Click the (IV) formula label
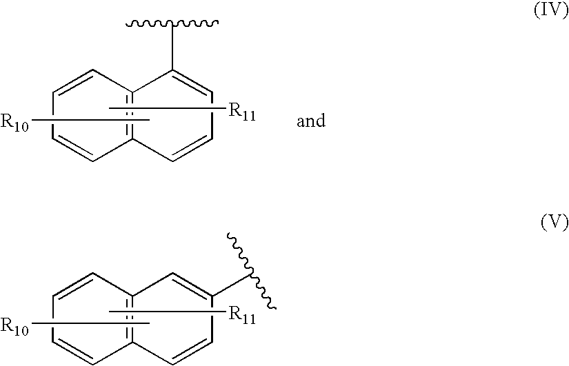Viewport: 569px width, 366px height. (x=551, y=11)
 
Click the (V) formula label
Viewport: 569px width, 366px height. (x=555, y=222)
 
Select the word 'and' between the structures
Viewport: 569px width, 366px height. (x=311, y=121)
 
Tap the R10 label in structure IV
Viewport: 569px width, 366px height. (x=14, y=122)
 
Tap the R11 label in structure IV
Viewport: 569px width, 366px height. (x=242, y=112)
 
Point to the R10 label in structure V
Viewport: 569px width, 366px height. (x=14, y=325)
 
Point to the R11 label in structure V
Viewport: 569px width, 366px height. (x=242, y=315)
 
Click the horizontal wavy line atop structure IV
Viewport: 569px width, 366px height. (x=172, y=24)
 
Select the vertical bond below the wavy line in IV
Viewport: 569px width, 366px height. (x=172, y=47)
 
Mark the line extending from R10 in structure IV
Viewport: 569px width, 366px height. (x=89, y=119)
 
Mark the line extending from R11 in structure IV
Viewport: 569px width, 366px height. (x=168, y=108)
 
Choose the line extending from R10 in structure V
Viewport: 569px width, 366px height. (x=89, y=322)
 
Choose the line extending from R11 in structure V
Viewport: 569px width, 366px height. (x=168, y=311)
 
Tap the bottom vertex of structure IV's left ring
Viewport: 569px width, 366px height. (x=93, y=161)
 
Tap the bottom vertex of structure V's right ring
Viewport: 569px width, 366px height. (x=172, y=364)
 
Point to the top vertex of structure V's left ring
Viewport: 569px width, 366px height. (x=93, y=273)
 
